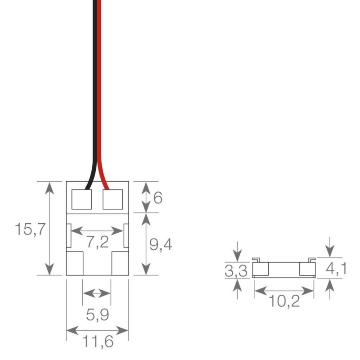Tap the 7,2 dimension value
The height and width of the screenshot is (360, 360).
pos(98,242)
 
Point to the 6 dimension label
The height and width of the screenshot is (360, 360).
pos(157,198)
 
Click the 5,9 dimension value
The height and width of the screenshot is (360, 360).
pos(97,316)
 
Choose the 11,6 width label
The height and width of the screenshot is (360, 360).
pos(98,343)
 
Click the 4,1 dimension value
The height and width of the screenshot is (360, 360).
pos(336,270)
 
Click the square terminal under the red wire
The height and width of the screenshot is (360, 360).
pos(113,199)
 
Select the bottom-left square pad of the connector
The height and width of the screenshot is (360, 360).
pos(75,263)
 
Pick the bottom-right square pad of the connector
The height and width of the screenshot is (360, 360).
pos(120,263)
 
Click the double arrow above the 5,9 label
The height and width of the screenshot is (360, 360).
pos(97,293)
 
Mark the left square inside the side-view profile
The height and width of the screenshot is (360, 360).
pos(261,270)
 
